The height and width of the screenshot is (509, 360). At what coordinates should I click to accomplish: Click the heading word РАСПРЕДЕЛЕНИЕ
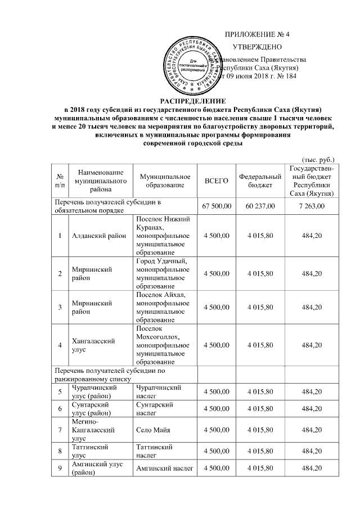click(x=179, y=100)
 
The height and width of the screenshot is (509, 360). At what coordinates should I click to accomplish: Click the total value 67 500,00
click(x=217, y=206)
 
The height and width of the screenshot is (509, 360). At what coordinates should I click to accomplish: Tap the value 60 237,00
click(x=260, y=206)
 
